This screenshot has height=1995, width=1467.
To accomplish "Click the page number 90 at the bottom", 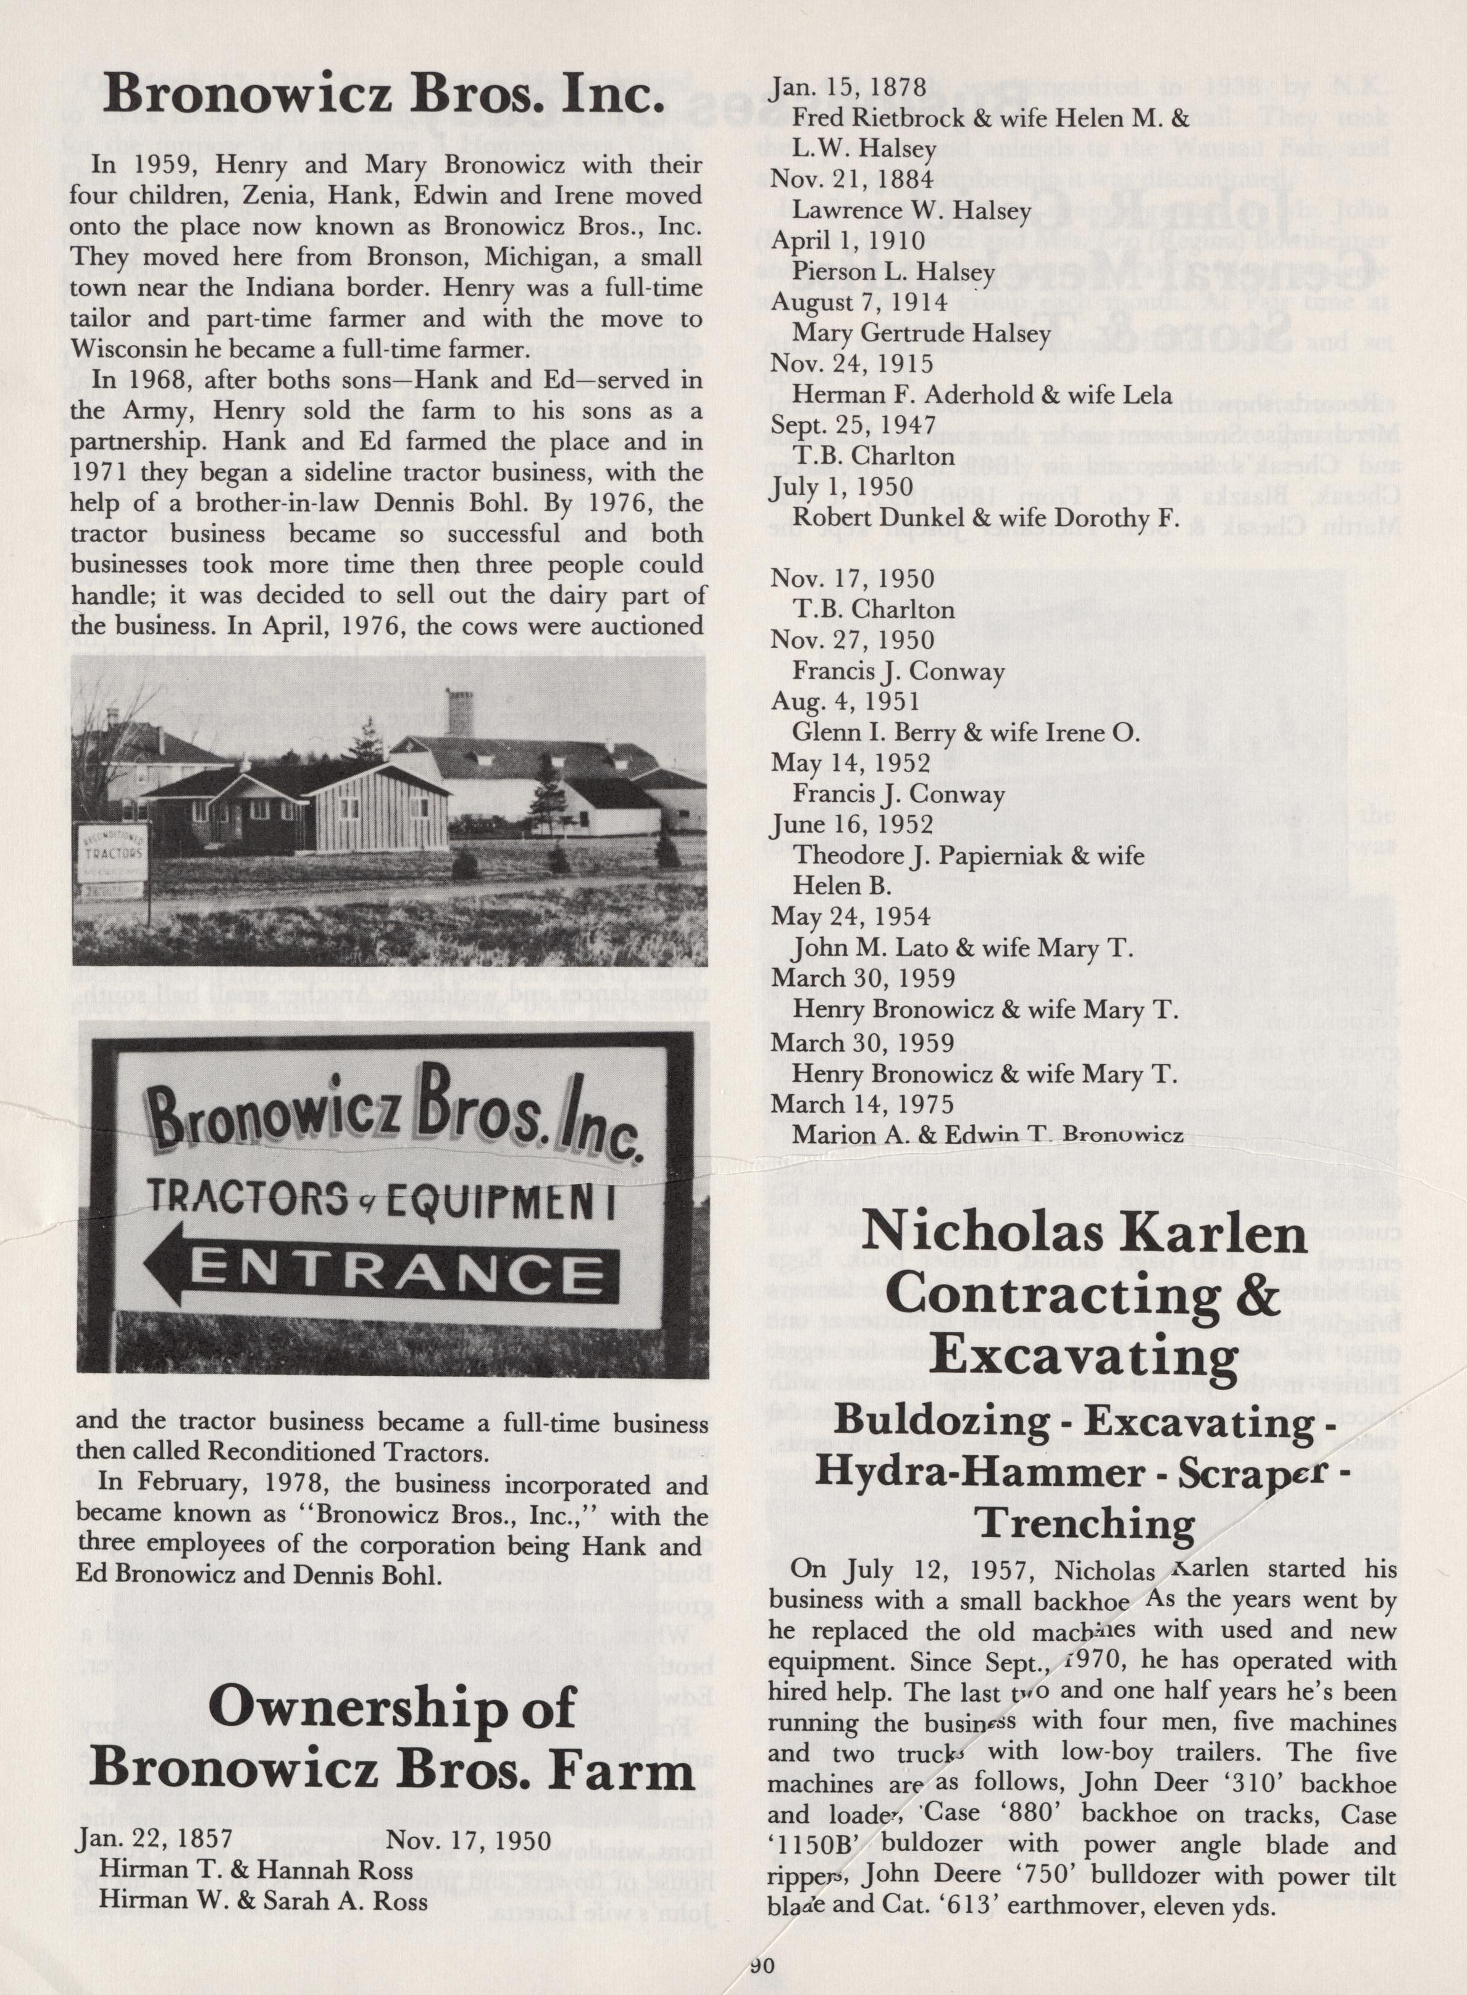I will [762, 1965].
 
